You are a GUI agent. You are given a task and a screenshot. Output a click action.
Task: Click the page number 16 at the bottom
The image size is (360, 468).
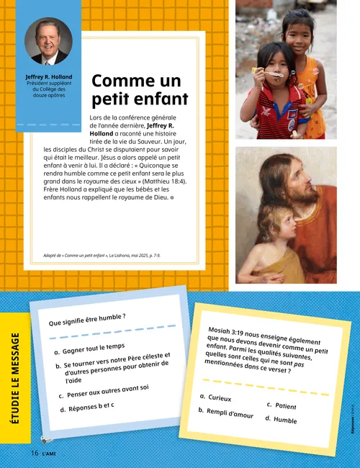pos(34,453)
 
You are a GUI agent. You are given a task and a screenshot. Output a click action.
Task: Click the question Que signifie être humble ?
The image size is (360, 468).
pos(87,320)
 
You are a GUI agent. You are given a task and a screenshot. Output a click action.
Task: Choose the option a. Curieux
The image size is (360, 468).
pos(216,397)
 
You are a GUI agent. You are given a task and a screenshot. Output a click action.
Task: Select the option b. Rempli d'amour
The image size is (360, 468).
pos(225,413)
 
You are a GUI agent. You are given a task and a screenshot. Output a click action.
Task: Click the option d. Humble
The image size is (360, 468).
pos(280,419)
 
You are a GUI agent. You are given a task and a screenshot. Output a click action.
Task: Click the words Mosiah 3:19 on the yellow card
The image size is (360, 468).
pos(230,328)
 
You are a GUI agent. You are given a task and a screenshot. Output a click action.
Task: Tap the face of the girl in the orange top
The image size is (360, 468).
pos(297,30)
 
